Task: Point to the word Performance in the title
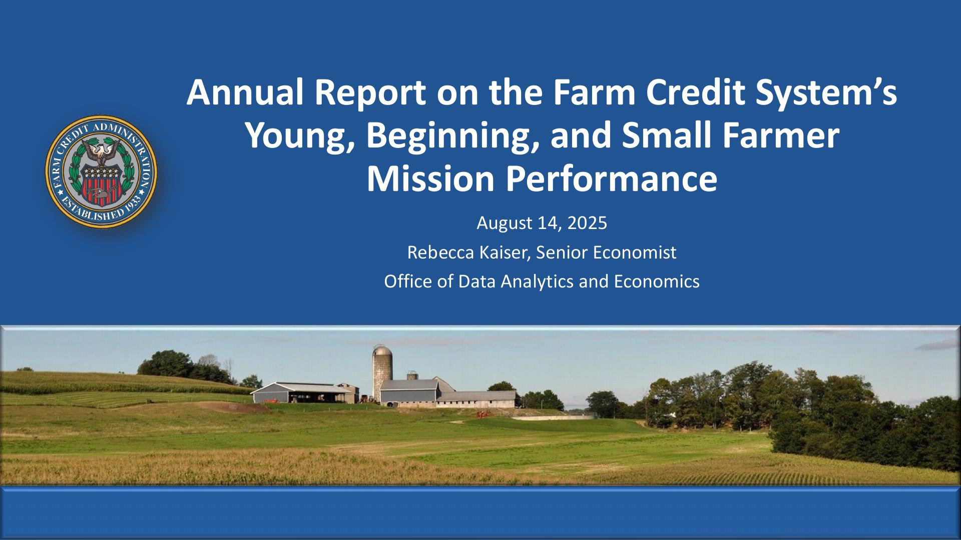pyautogui.click(x=611, y=180)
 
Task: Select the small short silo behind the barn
pyautogui.click(x=412, y=375)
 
